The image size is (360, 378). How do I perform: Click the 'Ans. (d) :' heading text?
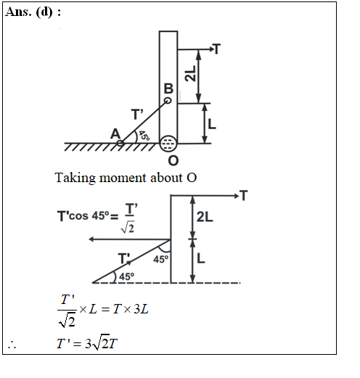tap(33, 12)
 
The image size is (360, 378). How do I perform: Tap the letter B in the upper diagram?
tap(168, 89)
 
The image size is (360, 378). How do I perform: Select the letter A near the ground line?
tap(115, 133)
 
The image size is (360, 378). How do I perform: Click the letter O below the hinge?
tap(173, 160)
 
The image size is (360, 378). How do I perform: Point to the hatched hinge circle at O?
tap(168, 144)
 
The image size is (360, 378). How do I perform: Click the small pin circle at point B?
tap(168, 100)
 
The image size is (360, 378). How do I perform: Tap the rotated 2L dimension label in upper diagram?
tap(190, 73)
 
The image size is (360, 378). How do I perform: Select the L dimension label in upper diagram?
tap(212, 124)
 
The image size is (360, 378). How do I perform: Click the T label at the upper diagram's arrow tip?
tap(217, 49)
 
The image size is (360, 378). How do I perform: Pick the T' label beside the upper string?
tap(137, 114)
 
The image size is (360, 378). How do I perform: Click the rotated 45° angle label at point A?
tap(144, 136)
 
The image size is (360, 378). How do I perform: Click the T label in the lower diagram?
tap(244, 195)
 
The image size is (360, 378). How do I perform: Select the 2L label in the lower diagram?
tap(205, 217)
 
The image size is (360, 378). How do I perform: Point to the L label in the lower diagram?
tap(201, 258)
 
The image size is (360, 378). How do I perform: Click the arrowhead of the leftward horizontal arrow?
tap(91, 239)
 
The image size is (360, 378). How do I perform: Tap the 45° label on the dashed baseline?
tap(126, 276)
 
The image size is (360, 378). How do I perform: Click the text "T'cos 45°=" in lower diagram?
tap(88, 215)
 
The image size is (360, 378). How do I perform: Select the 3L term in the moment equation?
tap(141, 309)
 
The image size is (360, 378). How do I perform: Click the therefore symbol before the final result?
tap(12, 345)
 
